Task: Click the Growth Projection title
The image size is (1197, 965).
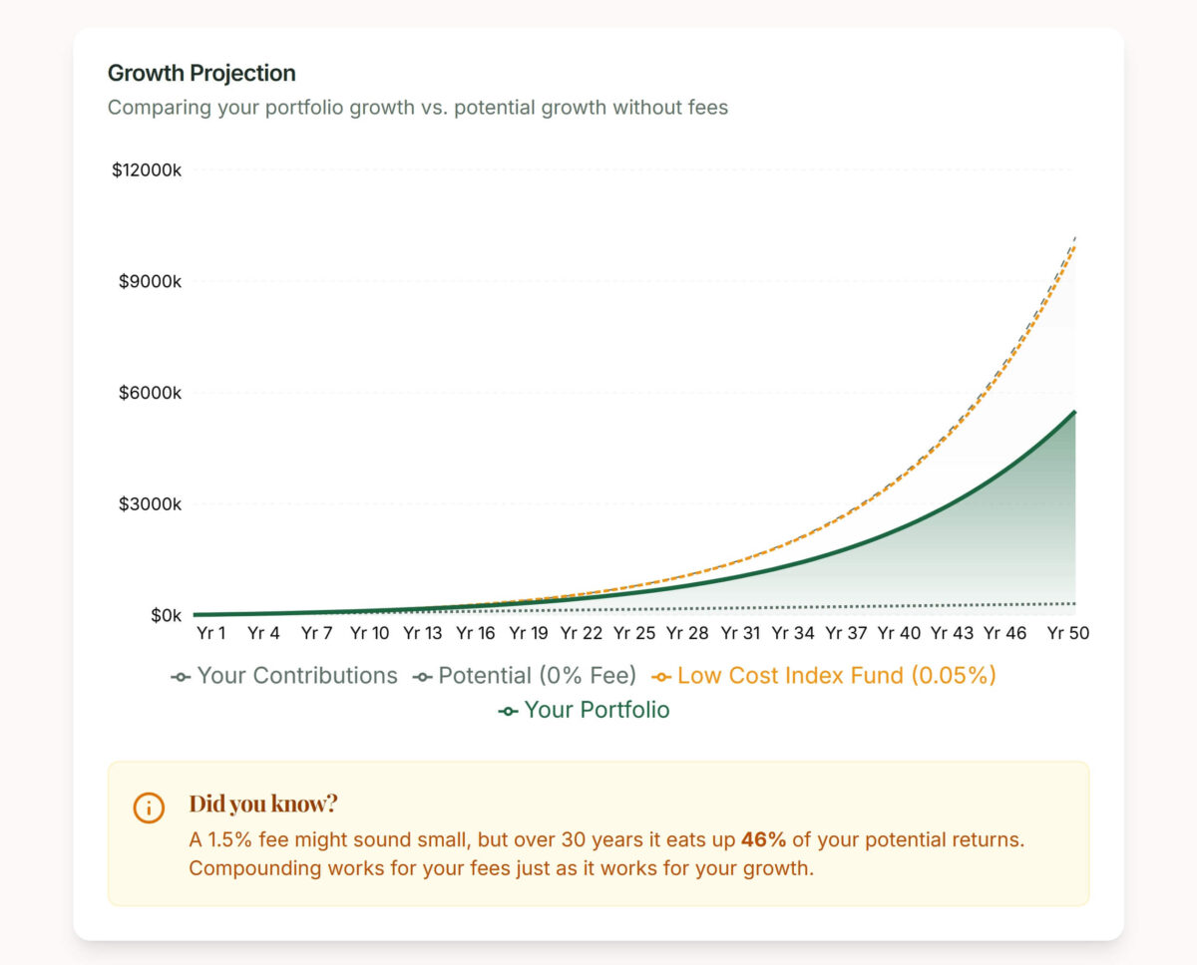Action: (x=201, y=73)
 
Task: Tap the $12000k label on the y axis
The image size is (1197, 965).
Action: (x=147, y=170)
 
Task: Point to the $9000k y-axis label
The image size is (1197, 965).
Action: (x=150, y=281)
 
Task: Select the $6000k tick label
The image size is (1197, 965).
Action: (x=150, y=393)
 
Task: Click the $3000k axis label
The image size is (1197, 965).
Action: (x=150, y=504)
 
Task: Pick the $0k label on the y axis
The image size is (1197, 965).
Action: (x=166, y=615)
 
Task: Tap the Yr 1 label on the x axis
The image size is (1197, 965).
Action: (x=211, y=633)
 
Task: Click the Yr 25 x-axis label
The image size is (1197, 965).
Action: (x=634, y=633)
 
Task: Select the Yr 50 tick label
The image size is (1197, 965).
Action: (x=1068, y=633)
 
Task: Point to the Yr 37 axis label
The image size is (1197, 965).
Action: (x=846, y=633)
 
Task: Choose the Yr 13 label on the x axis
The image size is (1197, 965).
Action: (x=423, y=633)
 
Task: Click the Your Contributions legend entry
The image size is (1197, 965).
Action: (x=284, y=676)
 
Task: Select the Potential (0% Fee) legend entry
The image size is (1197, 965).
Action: (x=525, y=676)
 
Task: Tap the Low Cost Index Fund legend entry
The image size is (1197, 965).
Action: (x=824, y=676)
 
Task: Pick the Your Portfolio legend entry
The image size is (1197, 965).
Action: (x=585, y=711)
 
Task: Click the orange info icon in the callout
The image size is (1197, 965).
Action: (x=149, y=807)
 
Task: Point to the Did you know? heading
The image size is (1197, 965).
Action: (x=263, y=804)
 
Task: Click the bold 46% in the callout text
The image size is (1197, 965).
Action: (x=764, y=839)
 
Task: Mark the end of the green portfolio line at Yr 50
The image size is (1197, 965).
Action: (x=1074, y=412)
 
